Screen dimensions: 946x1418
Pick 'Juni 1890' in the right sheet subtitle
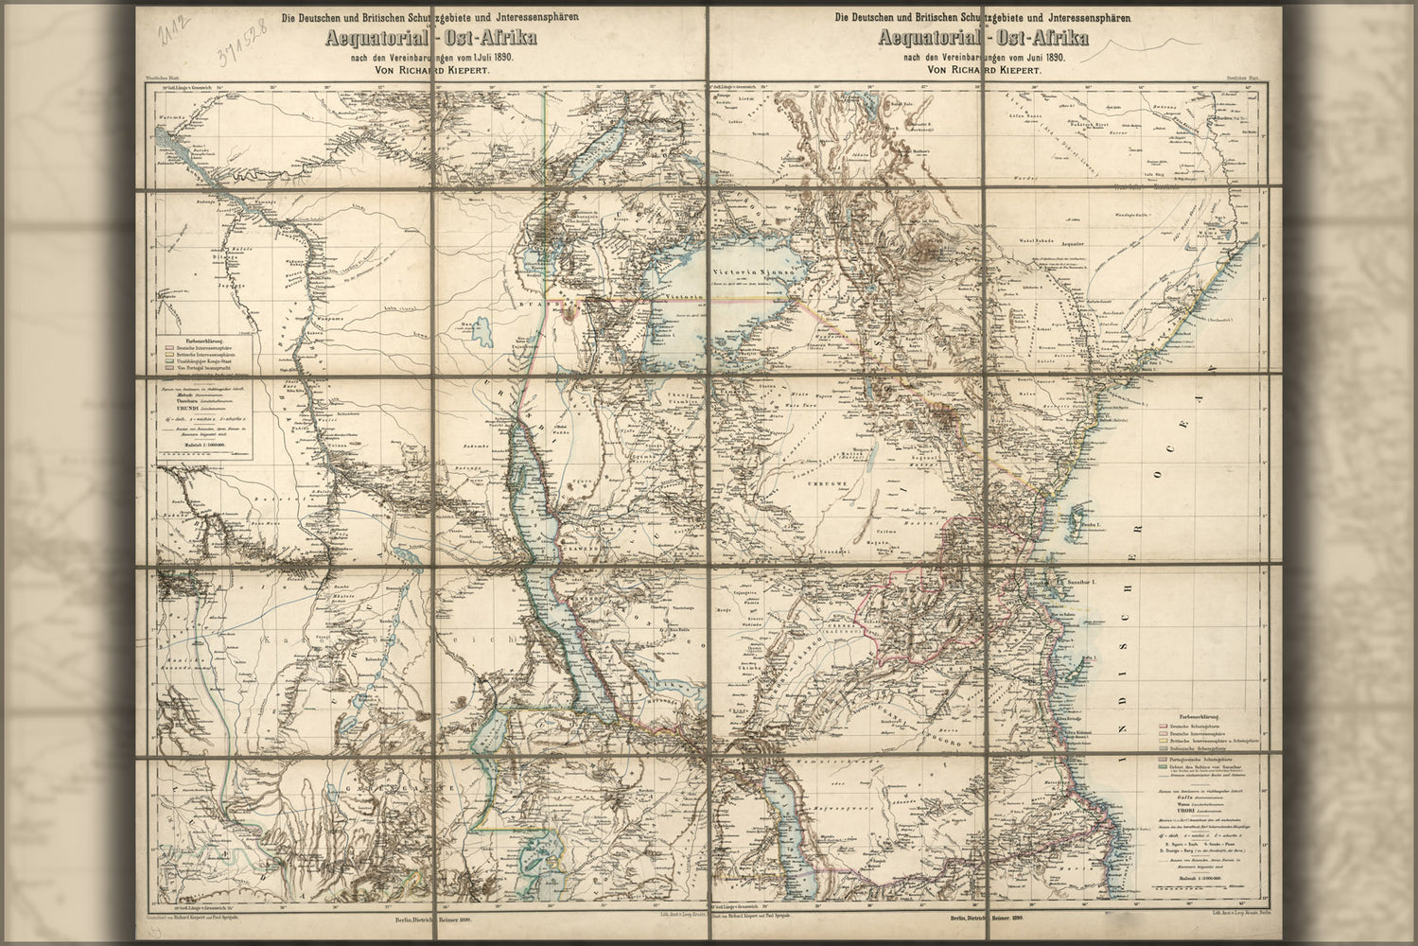tap(1041, 57)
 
